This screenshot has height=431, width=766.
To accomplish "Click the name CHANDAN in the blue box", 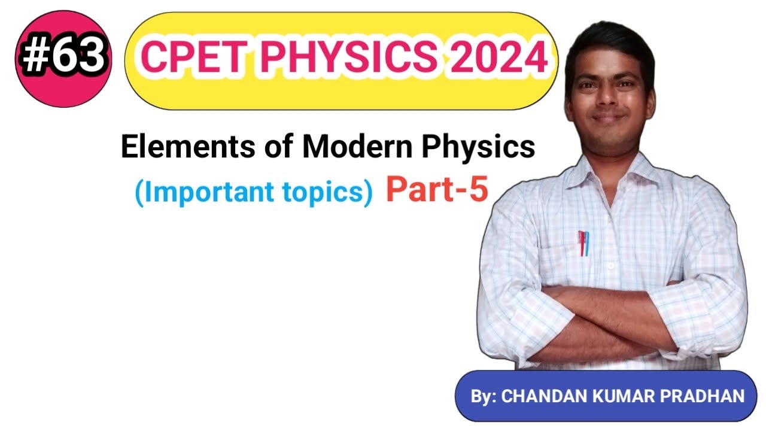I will pyautogui.click(x=545, y=396).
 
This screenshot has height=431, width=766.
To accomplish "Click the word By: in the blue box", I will pyautogui.click(x=484, y=396).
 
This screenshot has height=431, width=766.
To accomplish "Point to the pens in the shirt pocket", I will pyautogui.click(x=583, y=242).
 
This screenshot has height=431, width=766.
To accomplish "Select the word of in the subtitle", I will pyautogui.click(x=276, y=147).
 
